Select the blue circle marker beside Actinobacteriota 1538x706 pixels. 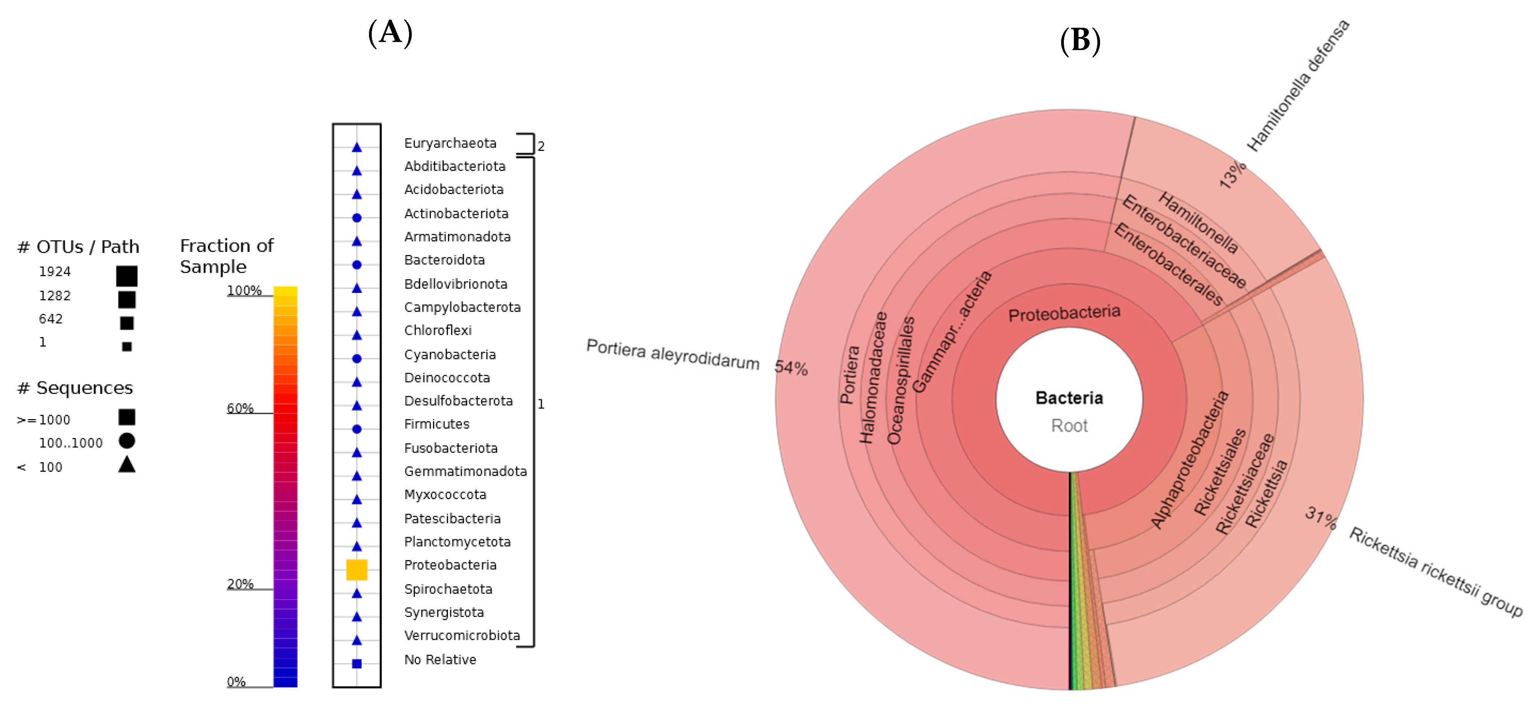point(356,218)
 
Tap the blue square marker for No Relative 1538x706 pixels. point(356,664)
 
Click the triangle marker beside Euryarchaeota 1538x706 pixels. point(356,147)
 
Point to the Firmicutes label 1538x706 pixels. point(436,424)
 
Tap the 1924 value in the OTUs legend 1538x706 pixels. point(55,272)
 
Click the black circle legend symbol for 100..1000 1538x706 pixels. point(127,441)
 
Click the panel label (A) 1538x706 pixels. point(390,32)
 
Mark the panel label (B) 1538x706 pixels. point(1080,40)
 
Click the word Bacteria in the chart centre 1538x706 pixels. point(1069,398)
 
